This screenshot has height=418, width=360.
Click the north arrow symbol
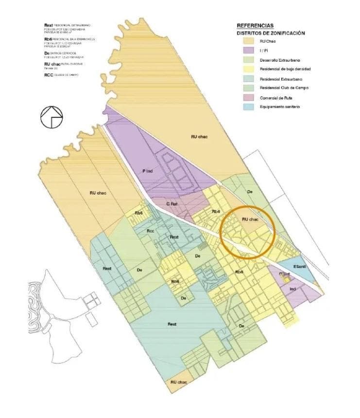coord(51,117)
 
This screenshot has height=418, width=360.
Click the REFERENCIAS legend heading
coord(255,26)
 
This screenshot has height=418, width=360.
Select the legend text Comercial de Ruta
coord(275,98)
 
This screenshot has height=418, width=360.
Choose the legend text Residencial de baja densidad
coord(285,69)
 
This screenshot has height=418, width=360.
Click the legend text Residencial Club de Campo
coord(284,88)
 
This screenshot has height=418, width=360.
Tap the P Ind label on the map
coord(148,171)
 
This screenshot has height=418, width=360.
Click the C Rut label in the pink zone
coord(171,204)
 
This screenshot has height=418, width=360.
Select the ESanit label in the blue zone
coord(299,268)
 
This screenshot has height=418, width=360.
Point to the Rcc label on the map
coord(151,231)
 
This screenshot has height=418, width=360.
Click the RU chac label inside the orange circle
coord(250,219)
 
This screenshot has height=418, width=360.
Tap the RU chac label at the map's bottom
coord(179,382)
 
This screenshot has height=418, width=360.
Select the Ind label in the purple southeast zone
coord(292,289)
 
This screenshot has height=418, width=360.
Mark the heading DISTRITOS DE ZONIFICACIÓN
coord(271,33)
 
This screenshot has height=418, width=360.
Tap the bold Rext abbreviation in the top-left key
coord(48,25)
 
